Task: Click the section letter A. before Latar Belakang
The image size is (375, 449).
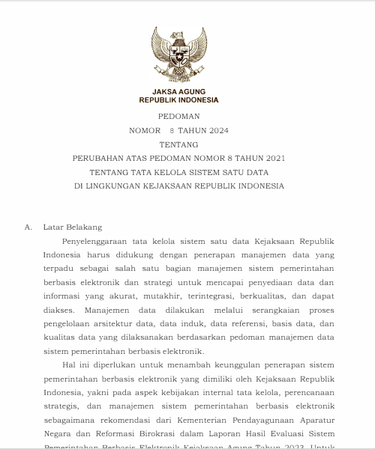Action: [28, 227]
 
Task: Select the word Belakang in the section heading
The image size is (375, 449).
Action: [85, 227]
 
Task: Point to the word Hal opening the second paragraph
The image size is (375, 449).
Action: [70, 364]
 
